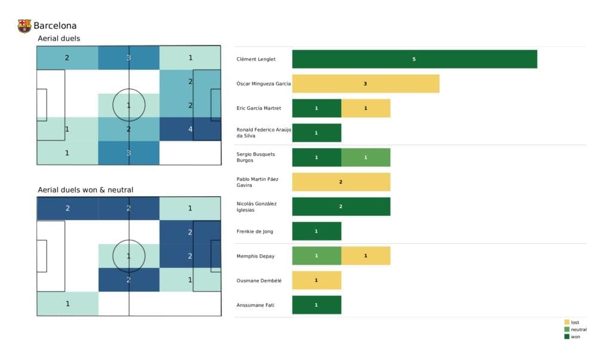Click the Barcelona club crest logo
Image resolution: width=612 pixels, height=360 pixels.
(25, 26)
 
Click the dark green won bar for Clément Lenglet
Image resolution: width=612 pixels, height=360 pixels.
(414, 59)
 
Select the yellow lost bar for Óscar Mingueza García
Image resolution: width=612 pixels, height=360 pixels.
(365, 84)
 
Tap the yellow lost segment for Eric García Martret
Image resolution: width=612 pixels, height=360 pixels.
(365, 108)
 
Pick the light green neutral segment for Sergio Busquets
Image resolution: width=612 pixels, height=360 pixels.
(365, 157)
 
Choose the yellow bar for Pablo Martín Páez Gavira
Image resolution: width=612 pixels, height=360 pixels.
(341, 182)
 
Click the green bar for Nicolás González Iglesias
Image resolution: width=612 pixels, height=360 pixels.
(341, 206)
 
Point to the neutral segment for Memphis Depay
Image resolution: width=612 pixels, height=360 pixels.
(316, 256)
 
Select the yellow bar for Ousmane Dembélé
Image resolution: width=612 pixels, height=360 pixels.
(316, 280)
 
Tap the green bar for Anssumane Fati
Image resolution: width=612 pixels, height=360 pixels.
(316, 305)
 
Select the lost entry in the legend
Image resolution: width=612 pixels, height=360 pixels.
(574, 322)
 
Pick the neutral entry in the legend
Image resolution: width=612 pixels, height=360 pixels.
(578, 330)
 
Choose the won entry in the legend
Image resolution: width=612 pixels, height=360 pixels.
(575, 337)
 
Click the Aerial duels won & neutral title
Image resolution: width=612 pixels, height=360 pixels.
(85, 190)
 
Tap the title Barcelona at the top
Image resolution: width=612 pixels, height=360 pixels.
(55, 26)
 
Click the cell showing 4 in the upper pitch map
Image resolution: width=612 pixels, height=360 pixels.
(190, 129)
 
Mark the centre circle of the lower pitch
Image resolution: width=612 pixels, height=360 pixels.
(128, 256)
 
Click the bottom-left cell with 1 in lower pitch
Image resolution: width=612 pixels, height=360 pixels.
(68, 304)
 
